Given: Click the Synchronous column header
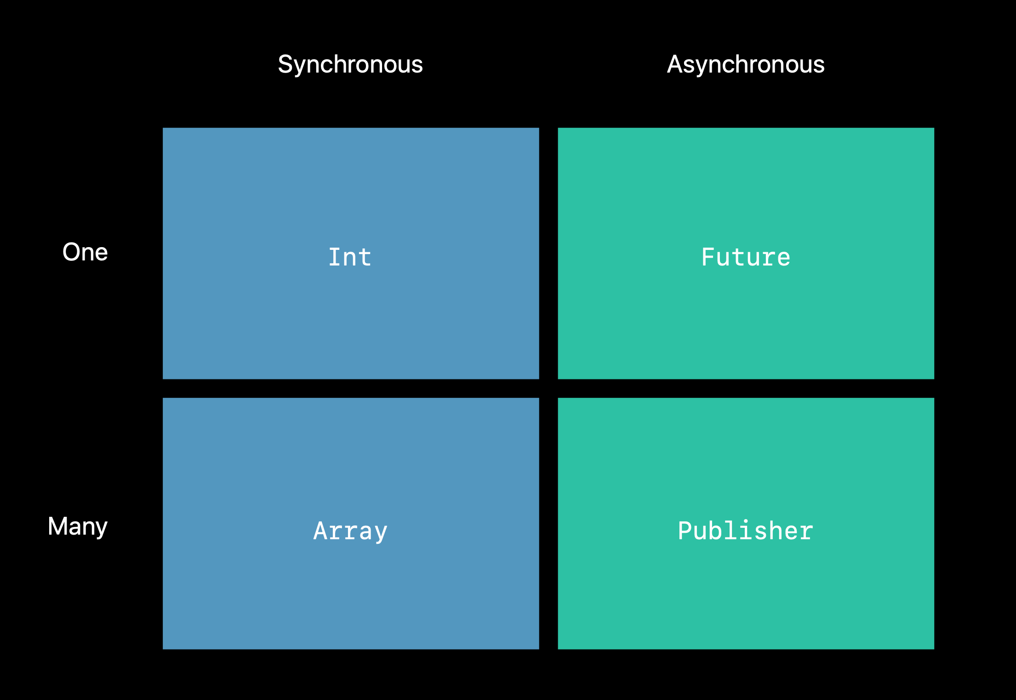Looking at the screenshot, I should [350, 64].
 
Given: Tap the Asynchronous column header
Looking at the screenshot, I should [746, 64].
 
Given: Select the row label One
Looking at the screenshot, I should [85, 252].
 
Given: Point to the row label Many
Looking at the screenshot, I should [78, 526].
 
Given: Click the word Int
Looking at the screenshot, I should [350, 257].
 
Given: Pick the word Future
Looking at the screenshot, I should [746, 257].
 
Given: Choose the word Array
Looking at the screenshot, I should [350, 531].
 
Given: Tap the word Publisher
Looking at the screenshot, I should [746, 531].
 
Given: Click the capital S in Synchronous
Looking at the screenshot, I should [285, 64].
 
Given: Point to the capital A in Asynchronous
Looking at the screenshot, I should [675, 64].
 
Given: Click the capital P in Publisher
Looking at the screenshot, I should [685, 531].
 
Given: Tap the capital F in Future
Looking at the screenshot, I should [708, 257].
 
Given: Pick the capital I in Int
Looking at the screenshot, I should [335, 257].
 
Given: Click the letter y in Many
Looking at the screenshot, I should [101, 529].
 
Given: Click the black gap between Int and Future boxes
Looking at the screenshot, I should [548, 253].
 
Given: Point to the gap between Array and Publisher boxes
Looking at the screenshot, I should [548, 523].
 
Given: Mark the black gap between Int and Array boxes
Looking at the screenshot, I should [351, 389].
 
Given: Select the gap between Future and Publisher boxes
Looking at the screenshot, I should [746, 389].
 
